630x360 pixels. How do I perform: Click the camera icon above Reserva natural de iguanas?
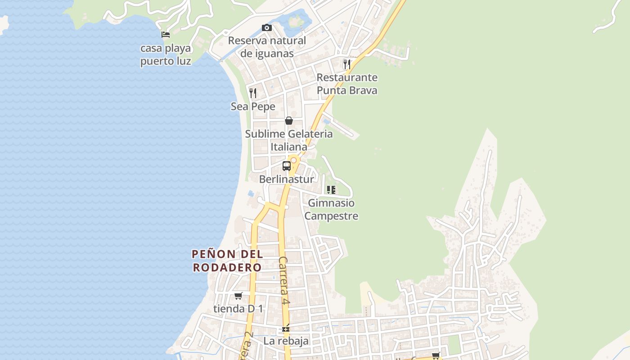pyautogui.click(x=267, y=28)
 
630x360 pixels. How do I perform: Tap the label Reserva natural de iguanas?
pyautogui.click(x=267, y=47)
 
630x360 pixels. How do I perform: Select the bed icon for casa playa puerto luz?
pyautogui.click(x=166, y=35)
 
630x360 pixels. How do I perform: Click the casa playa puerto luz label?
pyautogui.click(x=166, y=54)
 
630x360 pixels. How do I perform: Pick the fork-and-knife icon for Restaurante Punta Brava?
pyautogui.click(x=346, y=64)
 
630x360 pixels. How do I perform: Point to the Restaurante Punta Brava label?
pyautogui.click(x=347, y=84)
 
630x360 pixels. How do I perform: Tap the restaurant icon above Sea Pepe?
pyautogui.click(x=253, y=93)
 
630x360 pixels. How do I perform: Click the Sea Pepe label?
pyautogui.click(x=253, y=107)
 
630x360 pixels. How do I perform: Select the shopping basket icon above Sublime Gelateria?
pyautogui.click(x=289, y=121)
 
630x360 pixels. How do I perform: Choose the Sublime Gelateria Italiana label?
pyautogui.click(x=289, y=140)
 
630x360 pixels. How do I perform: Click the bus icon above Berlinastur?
pyautogui.click(x=287, y=166)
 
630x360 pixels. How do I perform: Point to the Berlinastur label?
pyautogui.click(x=287, y=179)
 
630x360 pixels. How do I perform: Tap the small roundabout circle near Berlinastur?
pyautogui.click(x=294, y=160)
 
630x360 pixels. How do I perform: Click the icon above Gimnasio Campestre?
pyautogui.click(x=331, y=190)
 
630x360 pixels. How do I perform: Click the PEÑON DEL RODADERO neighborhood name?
pyautogui.click(x=227, y=261)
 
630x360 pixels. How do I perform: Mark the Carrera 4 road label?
pyautogui.click(x=283, y=281)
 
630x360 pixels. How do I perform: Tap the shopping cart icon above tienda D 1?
pyautogui.click(x=238, y=296)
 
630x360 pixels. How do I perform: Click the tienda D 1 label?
pyautogui.click(x=238, y=309)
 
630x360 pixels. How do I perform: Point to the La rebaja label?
pyautogui.click(x=286, y=341)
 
